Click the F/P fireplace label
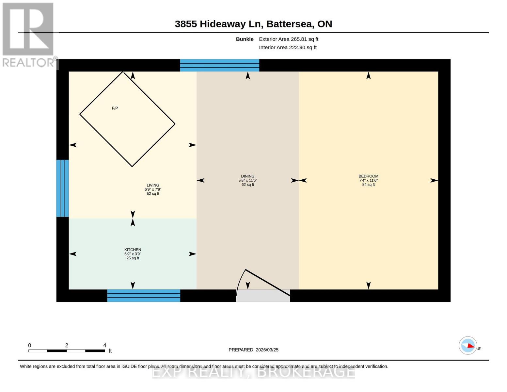[115, 108]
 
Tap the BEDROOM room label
[368, 176]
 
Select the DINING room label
[247, 176]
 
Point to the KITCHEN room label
[133, 250]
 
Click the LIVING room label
[153, 185]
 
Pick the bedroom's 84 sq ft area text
[368, 185]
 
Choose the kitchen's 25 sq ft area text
[133, 258]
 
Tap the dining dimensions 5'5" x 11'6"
[247, 180]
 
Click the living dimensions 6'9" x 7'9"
[153, 189]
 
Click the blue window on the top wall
[220, 65]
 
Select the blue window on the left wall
[63, 188]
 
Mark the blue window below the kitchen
[144, 296]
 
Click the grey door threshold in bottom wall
[263, 296]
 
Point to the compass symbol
[468, 346]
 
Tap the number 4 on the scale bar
[105, 345]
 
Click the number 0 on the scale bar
[30, 345]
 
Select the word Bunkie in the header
[245, 39]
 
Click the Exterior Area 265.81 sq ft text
[289, 39]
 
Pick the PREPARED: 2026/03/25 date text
[253, 350]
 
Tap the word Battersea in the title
[290, 24]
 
